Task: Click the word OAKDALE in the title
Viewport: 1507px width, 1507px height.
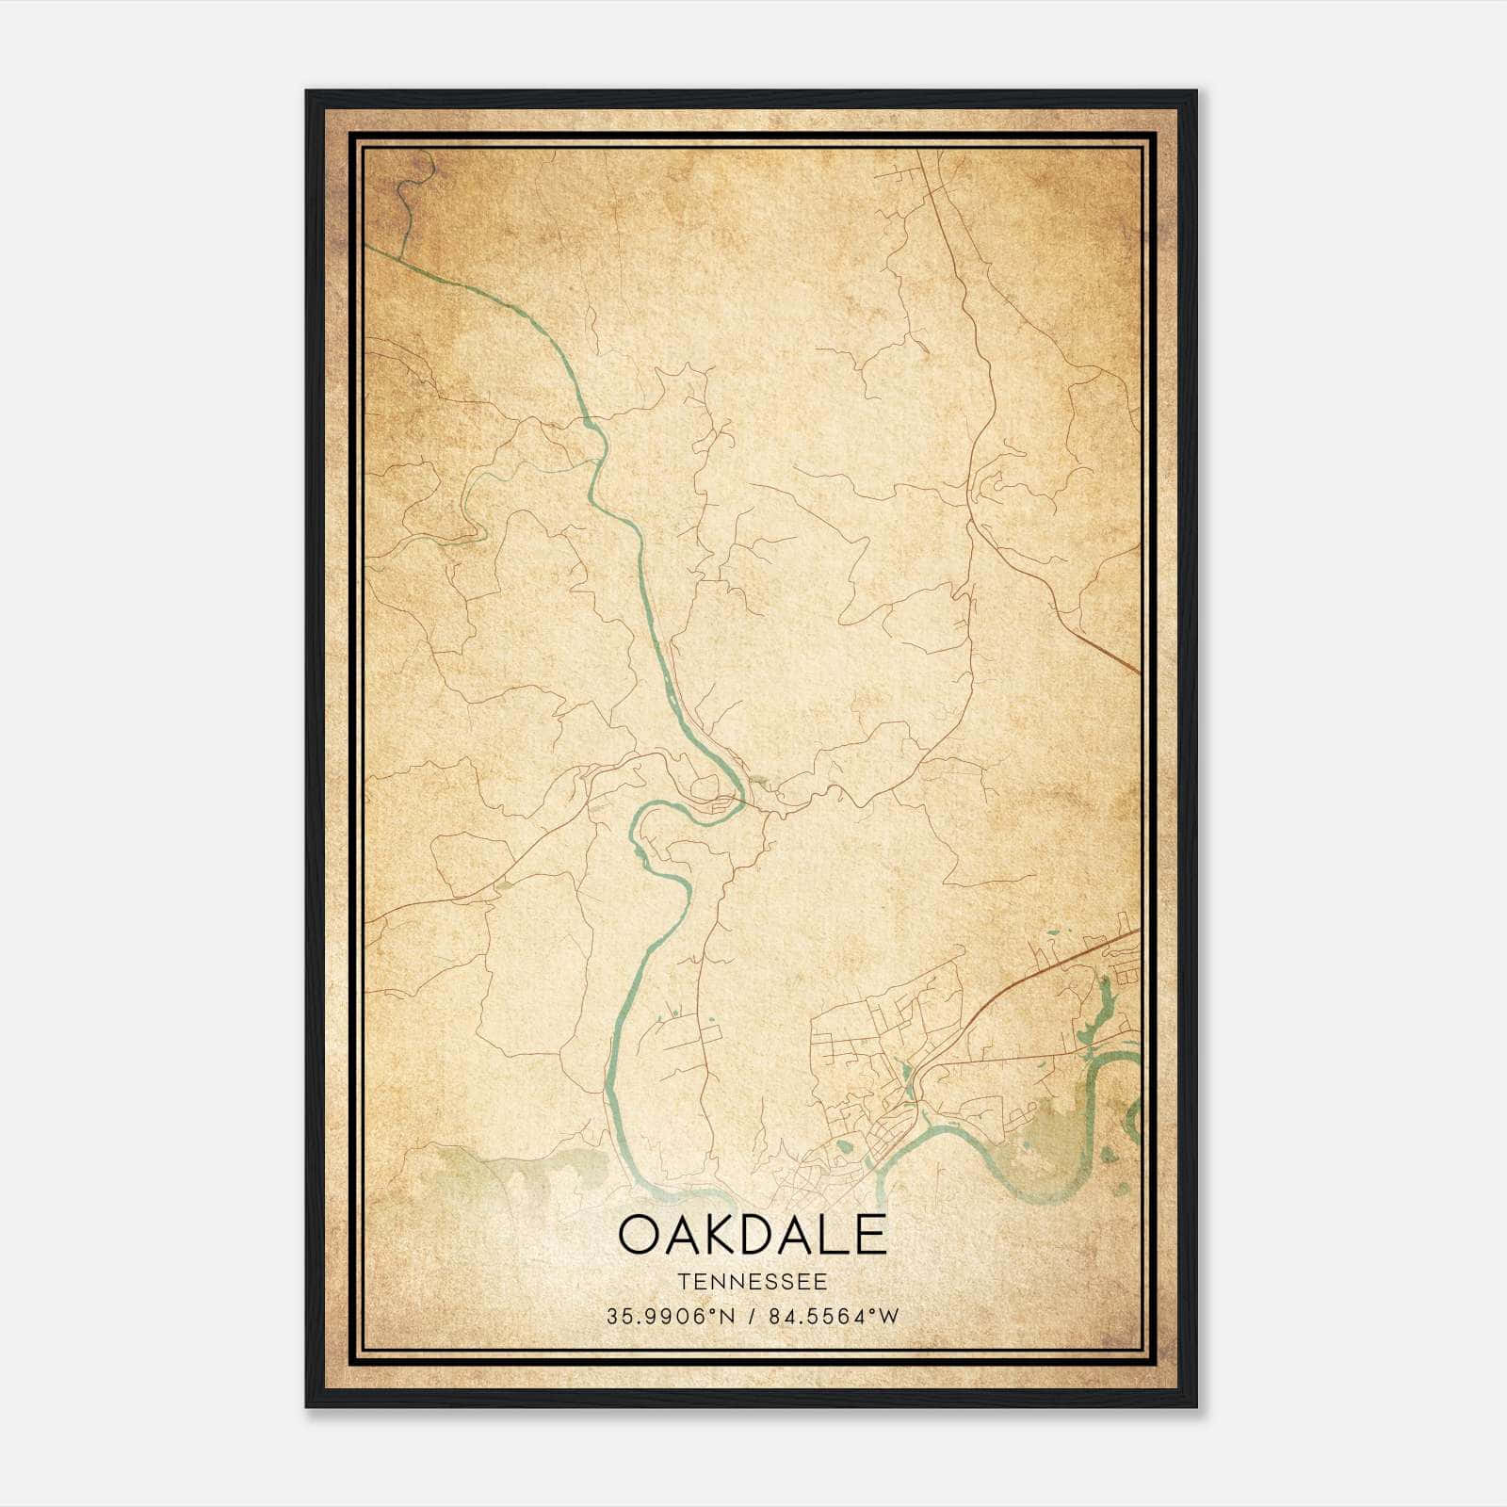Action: [x=753, y=1235]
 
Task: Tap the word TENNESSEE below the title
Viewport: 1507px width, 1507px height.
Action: [x=753, y=1282]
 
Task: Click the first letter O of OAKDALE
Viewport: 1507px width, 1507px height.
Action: [x=640, y=1235]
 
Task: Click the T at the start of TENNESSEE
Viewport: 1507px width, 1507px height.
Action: [x=682, y=1282]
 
